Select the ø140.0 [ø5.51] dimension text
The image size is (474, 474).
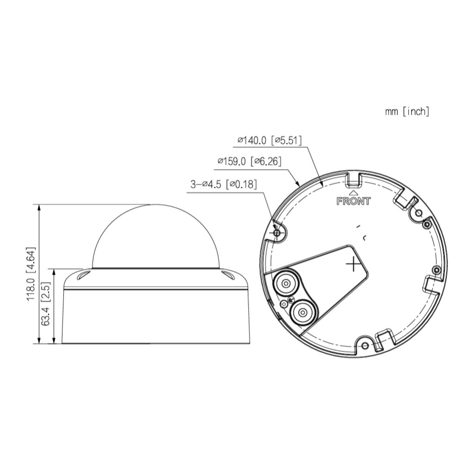click(x=269, y=140)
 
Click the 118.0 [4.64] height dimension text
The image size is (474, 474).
click(x=31, y=274)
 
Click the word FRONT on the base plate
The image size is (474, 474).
click(x=353, y=201)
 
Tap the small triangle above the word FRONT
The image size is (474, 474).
click(x=353, y=191)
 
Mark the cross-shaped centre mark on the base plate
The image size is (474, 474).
click(x=353, y=263)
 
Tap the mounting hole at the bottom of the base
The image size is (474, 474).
click(x=365, y=346)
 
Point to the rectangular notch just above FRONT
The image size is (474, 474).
click(x=353, y=178)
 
